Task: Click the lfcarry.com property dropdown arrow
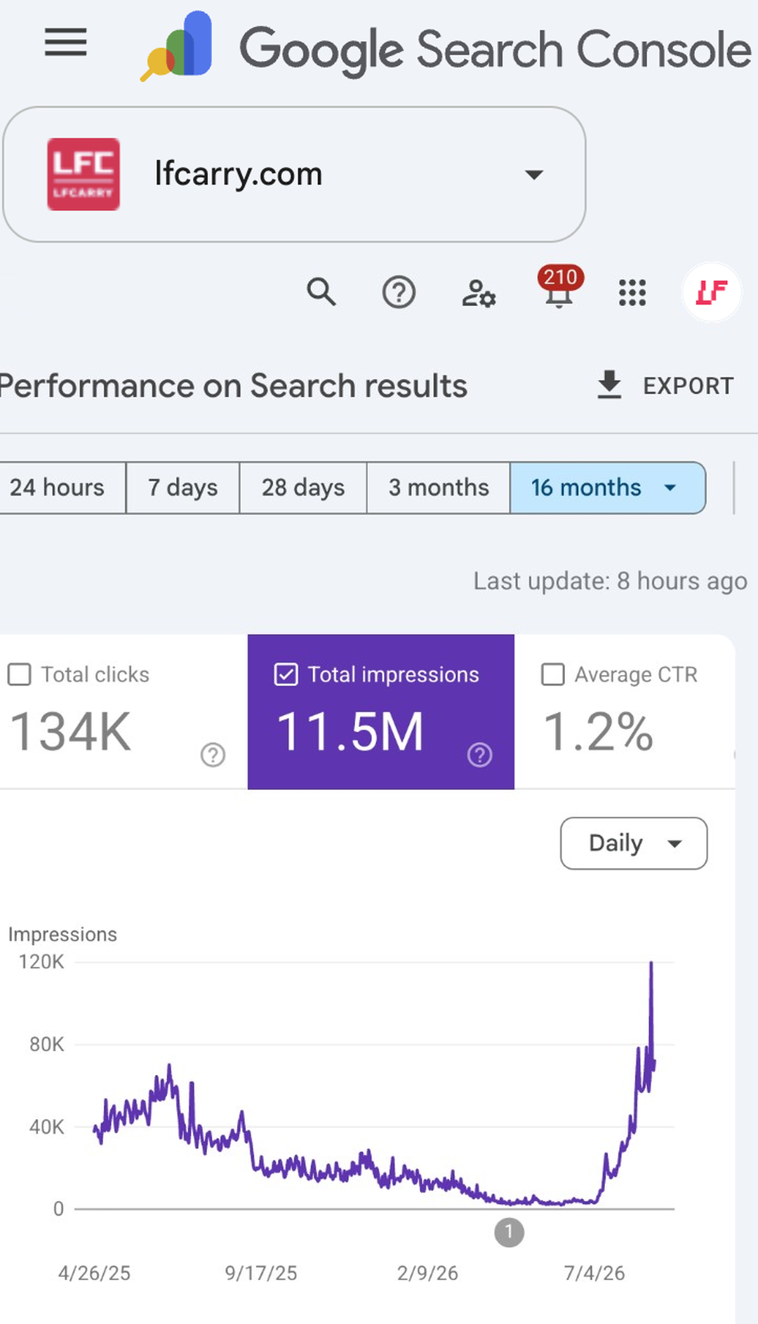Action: (534, 175)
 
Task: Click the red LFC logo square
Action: (84, 174)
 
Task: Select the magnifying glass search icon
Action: (321, 291)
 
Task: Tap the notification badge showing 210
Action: (560, 277)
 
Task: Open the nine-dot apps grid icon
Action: (632, 293)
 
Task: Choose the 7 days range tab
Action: (182, 488)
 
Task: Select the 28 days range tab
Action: (303, 488)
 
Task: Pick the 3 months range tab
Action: (439, 488)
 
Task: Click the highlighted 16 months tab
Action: (608, 488)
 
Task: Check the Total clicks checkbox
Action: (19, 674)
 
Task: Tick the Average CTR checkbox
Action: (553, 674)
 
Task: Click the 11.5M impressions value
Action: (350, 732)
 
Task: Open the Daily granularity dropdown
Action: (634, 843)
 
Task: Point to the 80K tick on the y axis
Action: (46, 1045)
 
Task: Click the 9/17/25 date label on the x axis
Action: (261, 1273)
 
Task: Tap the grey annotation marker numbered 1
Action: (509, 1232)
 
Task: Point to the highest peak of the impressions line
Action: (651, 963)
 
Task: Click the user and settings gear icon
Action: (479, 293)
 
